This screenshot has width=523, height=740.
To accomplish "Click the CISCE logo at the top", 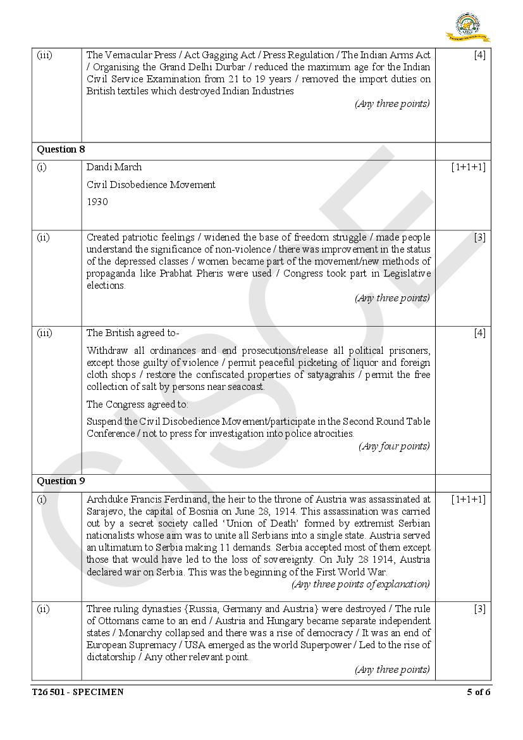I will (472, 27).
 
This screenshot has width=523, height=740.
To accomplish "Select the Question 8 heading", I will (61, 149).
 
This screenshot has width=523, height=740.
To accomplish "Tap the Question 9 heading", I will (61, 481).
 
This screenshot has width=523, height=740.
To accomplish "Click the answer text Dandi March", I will (114, 167).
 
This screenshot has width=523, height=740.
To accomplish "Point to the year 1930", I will (97, 202).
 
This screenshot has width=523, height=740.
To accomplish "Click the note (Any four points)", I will (394, 446).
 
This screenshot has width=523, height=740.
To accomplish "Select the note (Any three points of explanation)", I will (360, 584).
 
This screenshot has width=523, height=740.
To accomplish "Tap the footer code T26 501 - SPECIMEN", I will (78, 692).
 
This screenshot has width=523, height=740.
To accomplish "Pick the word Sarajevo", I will (106, 511).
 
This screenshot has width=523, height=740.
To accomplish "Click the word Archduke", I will (106, 499).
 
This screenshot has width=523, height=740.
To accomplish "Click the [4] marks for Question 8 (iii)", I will (479, 333).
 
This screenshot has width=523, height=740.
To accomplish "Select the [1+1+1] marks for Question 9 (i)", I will (468, 499).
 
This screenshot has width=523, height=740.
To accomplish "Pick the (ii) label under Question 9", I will (43, 609).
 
